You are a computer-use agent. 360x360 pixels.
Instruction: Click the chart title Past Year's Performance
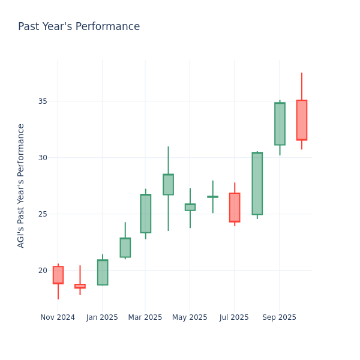79,27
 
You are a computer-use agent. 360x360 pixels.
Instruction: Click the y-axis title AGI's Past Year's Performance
21,185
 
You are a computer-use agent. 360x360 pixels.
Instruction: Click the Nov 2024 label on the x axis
58,317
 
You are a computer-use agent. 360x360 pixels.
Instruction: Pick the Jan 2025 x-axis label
102,317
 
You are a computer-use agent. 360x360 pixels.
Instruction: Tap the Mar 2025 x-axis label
145,317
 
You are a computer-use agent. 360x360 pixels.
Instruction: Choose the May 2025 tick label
190,317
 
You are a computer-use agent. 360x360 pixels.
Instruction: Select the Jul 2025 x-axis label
234,317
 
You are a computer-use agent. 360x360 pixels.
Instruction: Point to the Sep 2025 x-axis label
279,317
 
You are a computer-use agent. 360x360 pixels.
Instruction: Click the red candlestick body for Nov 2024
58,275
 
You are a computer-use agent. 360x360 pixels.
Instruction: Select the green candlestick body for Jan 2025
103,272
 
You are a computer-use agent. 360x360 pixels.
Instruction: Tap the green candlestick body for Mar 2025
146,213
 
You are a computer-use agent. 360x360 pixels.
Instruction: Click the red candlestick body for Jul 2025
235,207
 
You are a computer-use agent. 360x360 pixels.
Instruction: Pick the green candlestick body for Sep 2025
280,124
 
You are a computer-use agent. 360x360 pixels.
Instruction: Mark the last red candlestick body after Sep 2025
302,120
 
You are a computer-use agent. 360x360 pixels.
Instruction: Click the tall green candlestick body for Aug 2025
257,183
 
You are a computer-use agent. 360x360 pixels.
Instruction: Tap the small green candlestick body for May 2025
190,207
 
